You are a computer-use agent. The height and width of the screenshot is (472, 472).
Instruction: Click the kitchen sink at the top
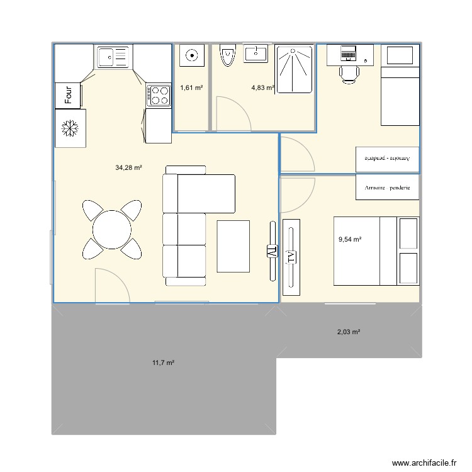112,57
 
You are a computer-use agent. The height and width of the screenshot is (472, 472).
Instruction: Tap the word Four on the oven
69,95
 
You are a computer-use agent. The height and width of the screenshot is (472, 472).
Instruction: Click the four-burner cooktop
159,95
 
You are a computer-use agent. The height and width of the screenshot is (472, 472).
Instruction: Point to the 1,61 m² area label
191,88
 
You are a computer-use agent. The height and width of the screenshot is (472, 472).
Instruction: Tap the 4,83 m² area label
262,88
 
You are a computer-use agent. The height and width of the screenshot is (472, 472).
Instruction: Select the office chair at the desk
349,73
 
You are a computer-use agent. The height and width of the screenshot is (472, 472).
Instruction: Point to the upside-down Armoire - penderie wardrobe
387,159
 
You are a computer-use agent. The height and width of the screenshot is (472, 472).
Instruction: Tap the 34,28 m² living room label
128,167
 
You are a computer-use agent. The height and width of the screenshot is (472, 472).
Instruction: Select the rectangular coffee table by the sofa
233,246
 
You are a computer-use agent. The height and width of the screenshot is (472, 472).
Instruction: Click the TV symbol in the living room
272,250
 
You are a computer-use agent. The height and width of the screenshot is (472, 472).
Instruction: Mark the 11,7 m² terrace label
163,362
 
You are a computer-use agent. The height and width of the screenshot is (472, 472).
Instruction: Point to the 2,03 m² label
349,332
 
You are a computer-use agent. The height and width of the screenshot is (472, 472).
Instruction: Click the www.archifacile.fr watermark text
424,463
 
